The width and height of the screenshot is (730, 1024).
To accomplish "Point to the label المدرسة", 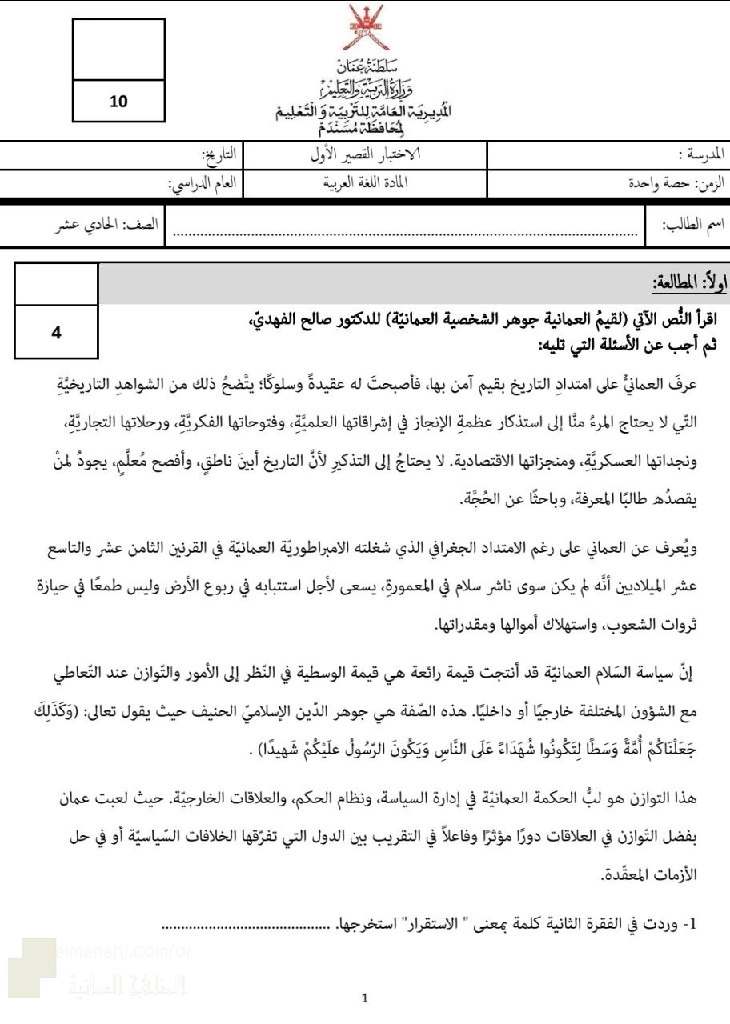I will (703, 154).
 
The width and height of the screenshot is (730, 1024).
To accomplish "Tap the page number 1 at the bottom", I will (365, 998).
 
